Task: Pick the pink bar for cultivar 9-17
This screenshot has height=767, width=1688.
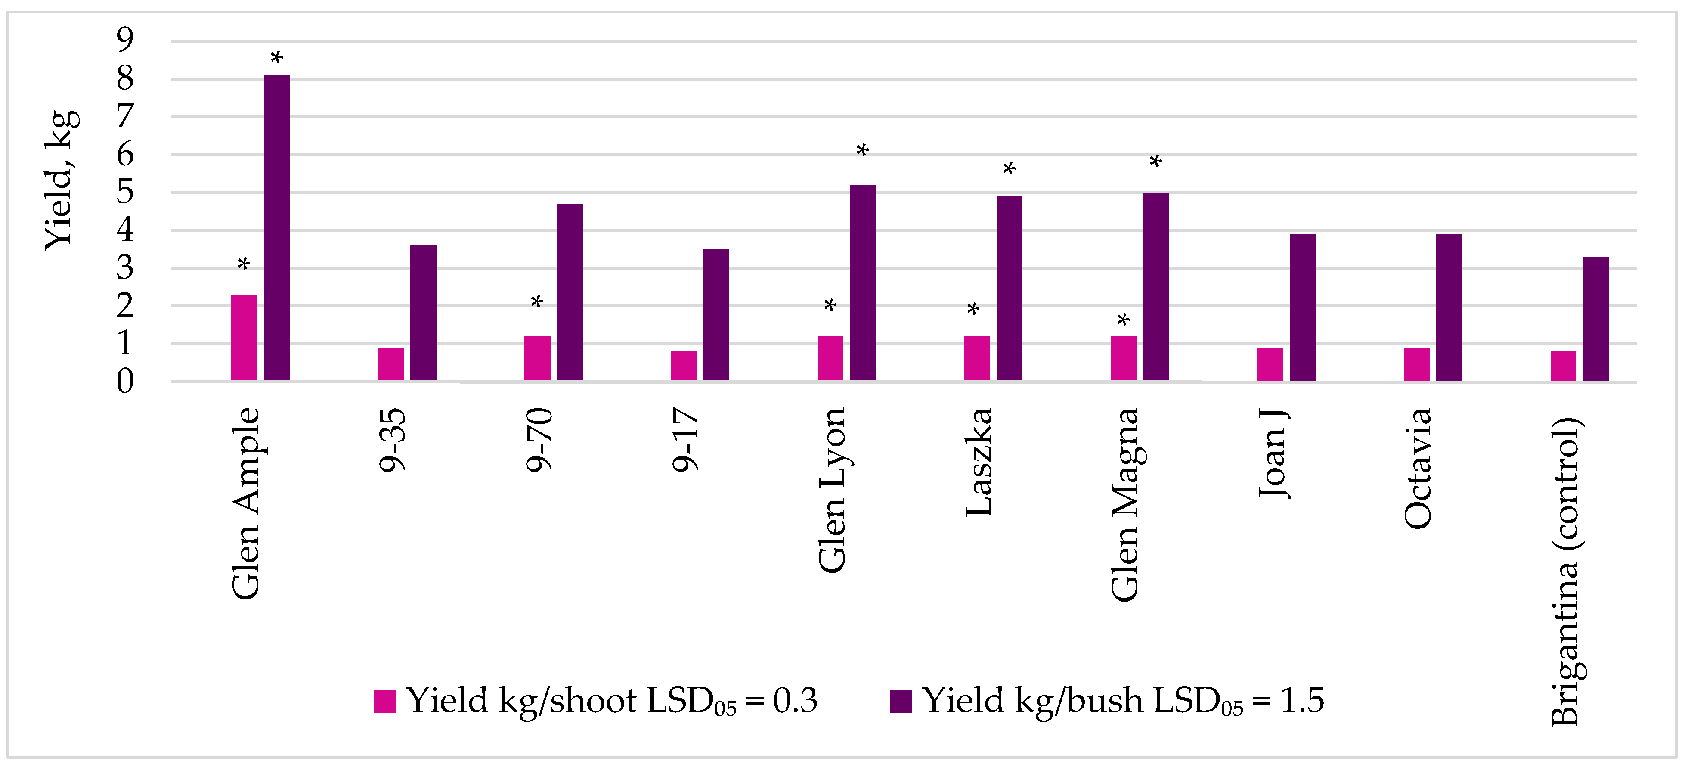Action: pos(684,365)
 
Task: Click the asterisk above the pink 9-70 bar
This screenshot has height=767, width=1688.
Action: pos(537,303)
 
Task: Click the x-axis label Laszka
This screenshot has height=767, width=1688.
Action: pos(979,462)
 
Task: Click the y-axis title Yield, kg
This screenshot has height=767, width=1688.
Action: pos(61,180)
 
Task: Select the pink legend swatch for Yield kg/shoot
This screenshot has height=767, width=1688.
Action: pos(384,701)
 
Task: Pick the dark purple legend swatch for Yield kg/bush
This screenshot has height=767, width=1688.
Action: pos(901,701)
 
